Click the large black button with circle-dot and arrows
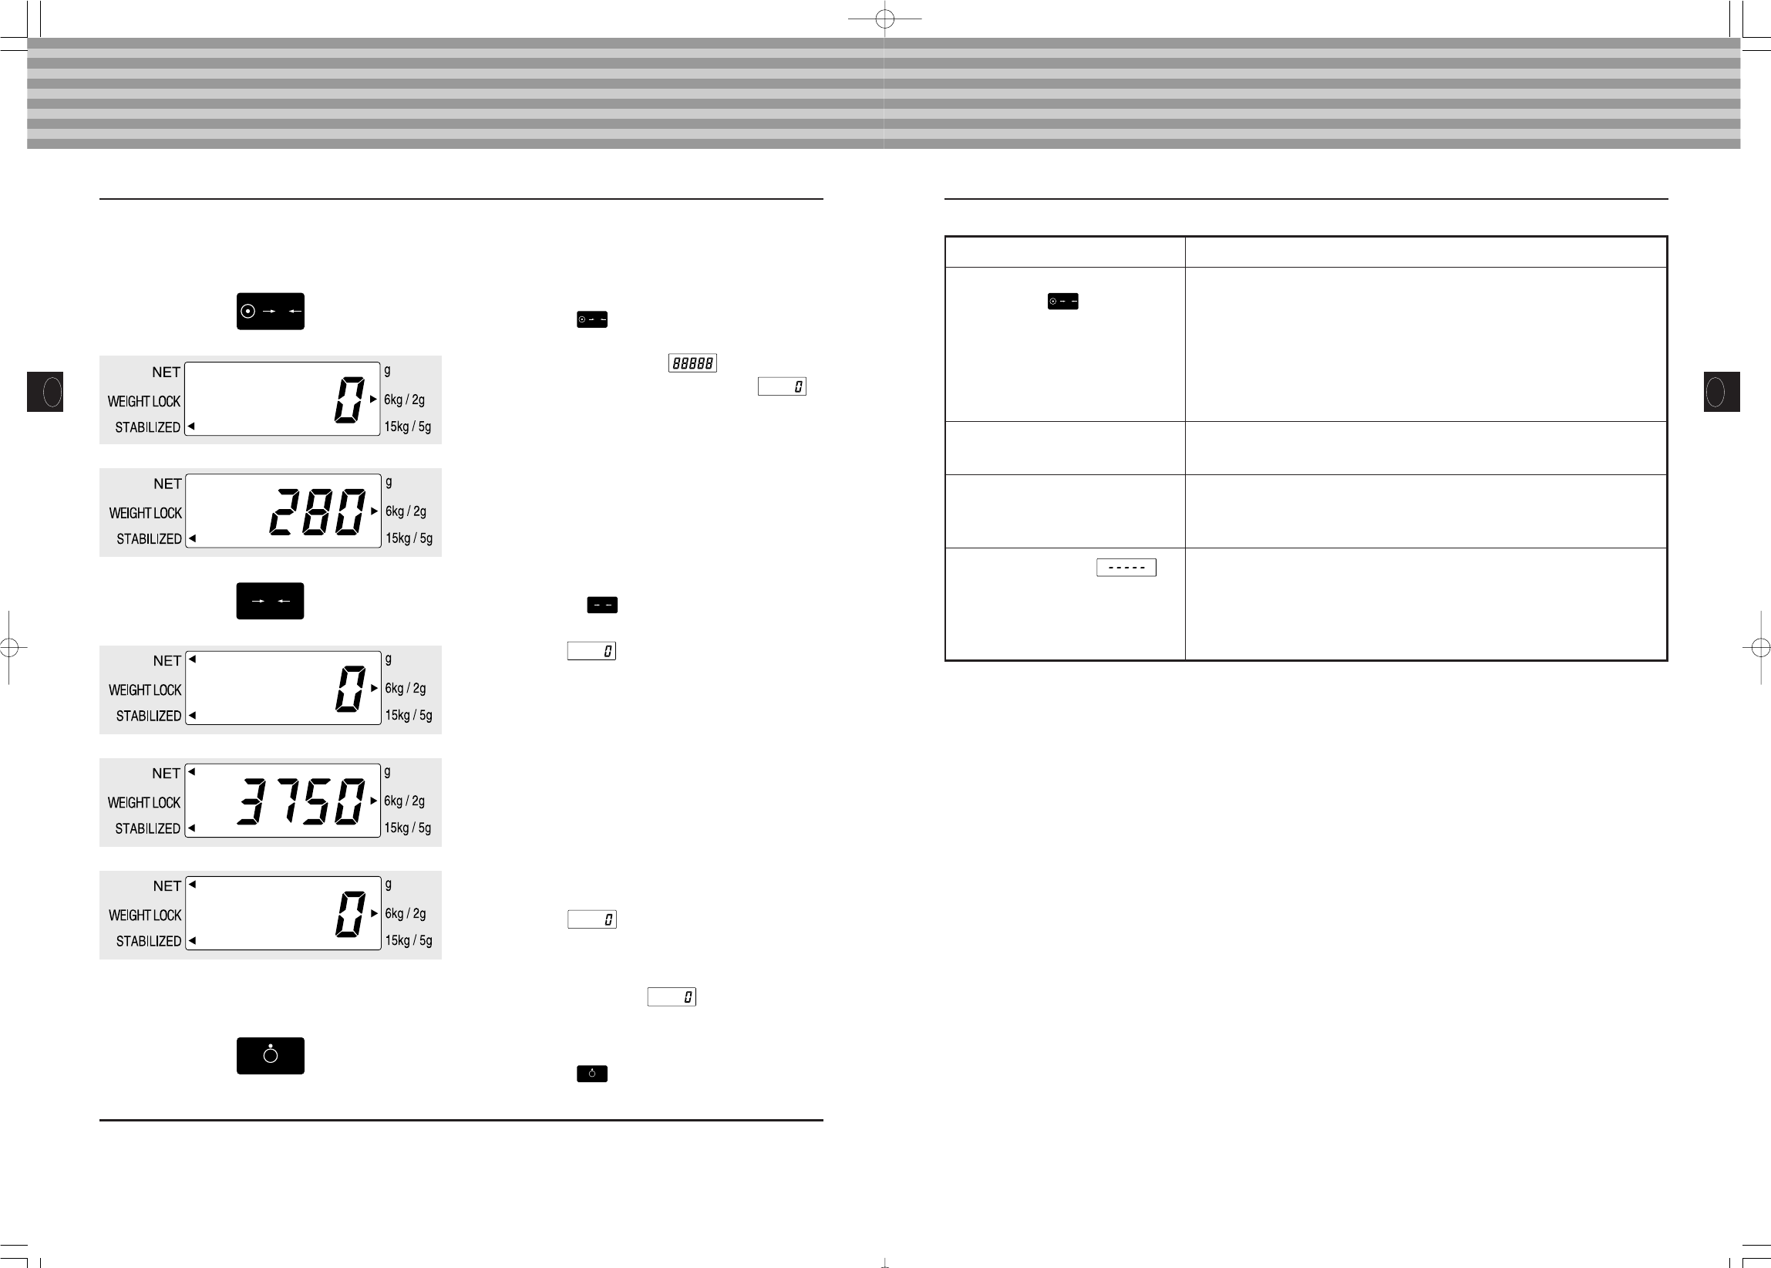tap(270, 311)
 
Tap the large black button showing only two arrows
tap(270, 600)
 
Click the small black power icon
tap(591, 1074)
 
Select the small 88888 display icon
tap(692, 363)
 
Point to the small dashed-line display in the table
tap(1126, 568)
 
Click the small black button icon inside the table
tap(1063, 302)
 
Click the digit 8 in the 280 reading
tap(318, 511)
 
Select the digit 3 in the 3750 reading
tap(251, 801)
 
